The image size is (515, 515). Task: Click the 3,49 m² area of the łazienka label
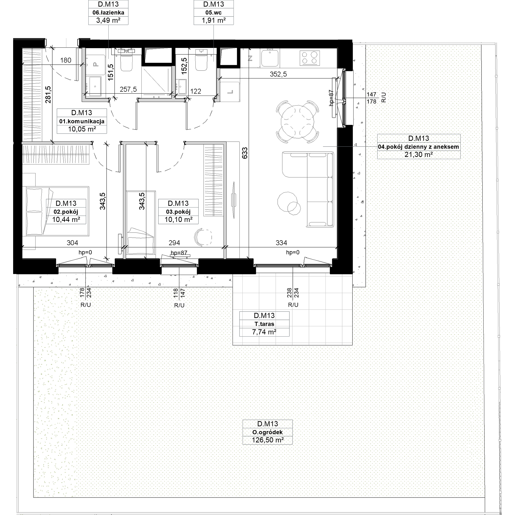[108, 20]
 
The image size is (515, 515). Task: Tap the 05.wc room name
[213, 13]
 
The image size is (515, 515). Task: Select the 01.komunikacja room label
[82, 121]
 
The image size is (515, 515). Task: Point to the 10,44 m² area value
[66, 219]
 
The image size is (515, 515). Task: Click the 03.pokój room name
[178, 212]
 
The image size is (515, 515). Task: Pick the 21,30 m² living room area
[418, 154]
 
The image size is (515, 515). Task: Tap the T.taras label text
[264, 324]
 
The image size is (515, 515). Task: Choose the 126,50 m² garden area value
[268, 440]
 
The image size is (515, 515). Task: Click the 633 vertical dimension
[245, 153]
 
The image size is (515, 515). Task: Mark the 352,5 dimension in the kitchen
[278, 74]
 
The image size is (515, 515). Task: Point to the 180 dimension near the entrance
[66, 60]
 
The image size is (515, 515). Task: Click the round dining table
[297, 122]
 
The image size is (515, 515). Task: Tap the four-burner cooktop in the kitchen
[310, 58]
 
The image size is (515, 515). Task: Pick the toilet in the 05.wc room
[201, 61]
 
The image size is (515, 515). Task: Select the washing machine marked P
[95, 65]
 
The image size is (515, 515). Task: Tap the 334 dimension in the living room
[281, 243]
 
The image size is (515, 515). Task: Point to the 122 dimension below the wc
[196, 91]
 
